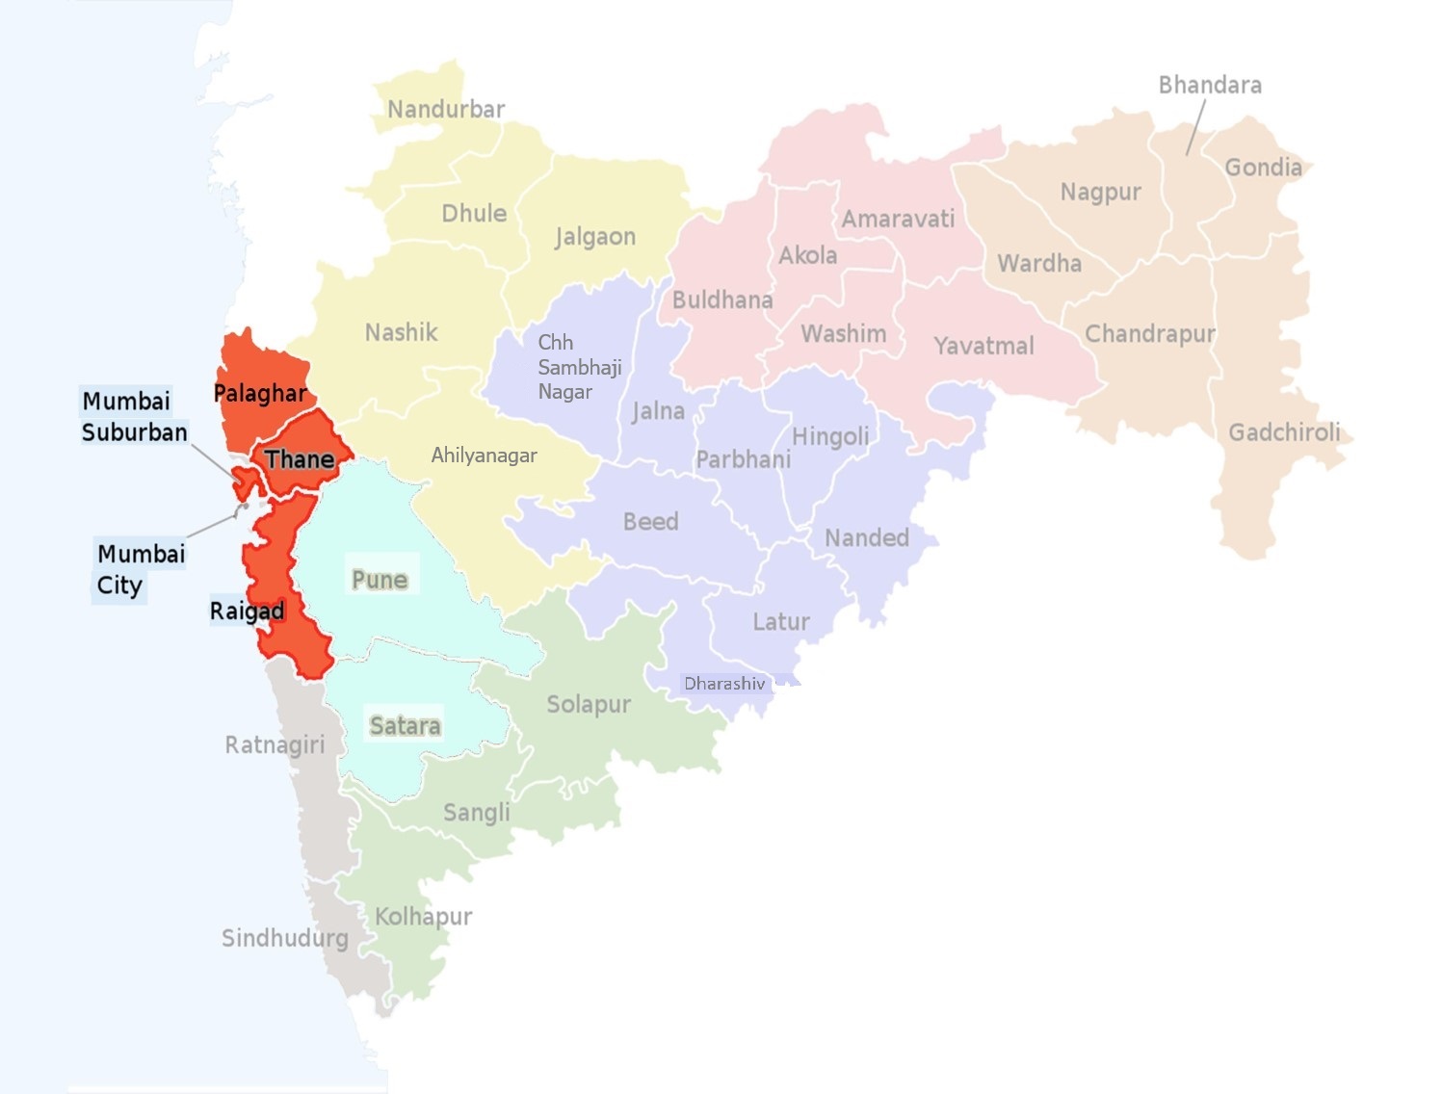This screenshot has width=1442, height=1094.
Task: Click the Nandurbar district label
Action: [x=446, y=110]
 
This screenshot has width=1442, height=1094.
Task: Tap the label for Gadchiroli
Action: [x=1284, y=432]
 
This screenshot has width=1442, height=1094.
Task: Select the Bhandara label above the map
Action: [x=1210, y=86]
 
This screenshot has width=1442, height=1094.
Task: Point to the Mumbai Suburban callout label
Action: [x=134, y=417]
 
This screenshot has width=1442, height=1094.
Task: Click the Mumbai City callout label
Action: [x=140, y=569]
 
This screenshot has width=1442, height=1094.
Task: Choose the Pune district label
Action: [x=380, y=580]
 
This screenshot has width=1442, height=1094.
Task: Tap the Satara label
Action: [x=406, y=725]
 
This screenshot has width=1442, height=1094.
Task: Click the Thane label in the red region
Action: [x=300, y=459]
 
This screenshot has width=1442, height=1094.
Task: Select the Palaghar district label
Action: [x=259, y=393]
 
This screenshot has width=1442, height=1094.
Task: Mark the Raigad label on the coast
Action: [x=247, y=612]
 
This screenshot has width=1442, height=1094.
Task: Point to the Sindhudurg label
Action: [x=285, y=938]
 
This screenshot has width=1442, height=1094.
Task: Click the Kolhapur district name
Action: [x=423, y=916]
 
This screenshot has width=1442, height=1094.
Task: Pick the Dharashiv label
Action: [x=724, y=684]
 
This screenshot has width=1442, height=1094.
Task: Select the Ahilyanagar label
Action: [x=484, y=456]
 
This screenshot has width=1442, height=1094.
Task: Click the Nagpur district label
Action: [x=1100, y=193]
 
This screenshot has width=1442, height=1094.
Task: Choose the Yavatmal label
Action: [x=983, y=346]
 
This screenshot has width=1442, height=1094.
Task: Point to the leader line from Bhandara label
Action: [x=1195, y=127]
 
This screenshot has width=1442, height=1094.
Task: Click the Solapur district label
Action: [x=589, y=705]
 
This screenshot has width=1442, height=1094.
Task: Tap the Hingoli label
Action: [x=830, y=437]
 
